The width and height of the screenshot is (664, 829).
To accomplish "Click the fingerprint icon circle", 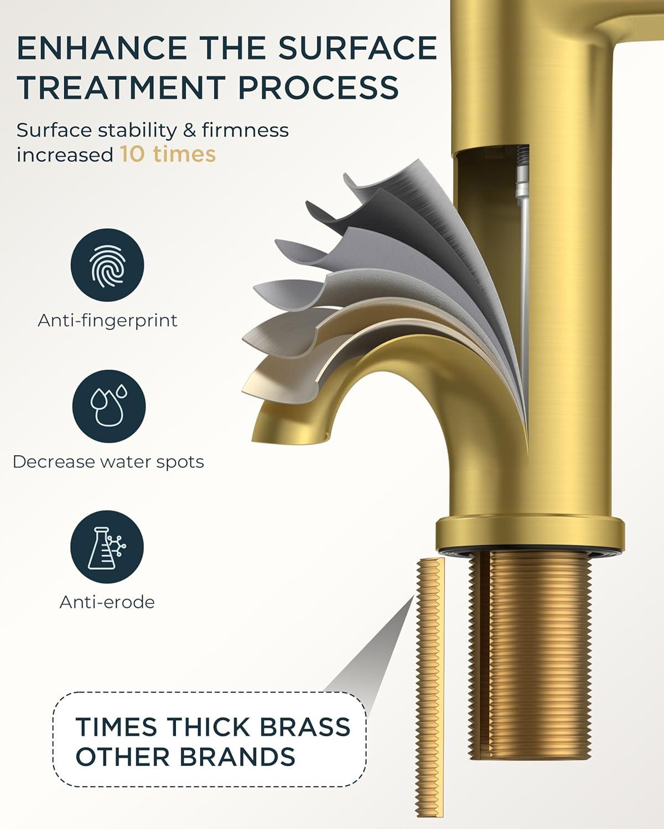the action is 107,265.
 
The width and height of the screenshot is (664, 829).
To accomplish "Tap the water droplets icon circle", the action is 109,406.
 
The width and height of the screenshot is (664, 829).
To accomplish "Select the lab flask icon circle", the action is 107,547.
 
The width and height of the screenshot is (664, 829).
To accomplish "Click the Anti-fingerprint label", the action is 108,321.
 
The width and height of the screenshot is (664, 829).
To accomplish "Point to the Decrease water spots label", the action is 108,461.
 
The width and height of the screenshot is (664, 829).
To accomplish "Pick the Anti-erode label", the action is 107,602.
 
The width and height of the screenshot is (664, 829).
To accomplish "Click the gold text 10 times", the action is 168,154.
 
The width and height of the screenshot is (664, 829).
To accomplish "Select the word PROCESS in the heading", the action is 318,87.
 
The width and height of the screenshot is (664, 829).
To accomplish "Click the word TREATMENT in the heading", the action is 122,87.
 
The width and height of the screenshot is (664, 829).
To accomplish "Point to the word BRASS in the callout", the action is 305,727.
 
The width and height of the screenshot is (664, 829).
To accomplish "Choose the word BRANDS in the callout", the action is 238,756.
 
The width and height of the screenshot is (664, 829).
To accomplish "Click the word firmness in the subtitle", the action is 245,130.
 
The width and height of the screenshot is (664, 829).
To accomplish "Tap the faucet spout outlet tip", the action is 289,432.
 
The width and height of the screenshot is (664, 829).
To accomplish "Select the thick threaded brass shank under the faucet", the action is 530,659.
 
